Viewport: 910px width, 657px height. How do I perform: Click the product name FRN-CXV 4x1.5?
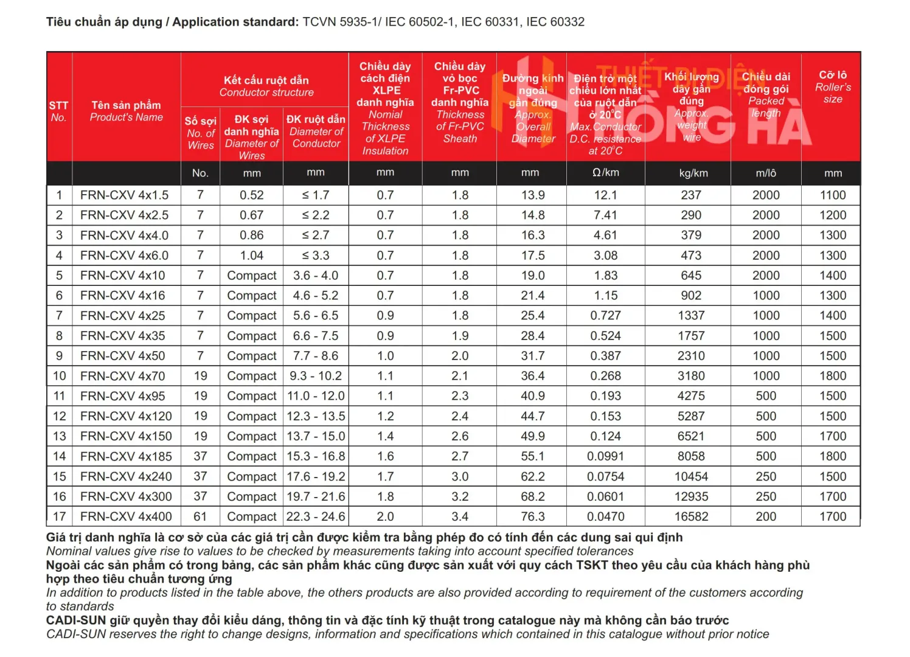(124, 195)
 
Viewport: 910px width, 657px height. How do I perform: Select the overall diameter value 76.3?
(533, 516)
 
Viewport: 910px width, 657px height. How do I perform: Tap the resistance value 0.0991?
(605, 456)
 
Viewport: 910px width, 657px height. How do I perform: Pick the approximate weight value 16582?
(691, 516)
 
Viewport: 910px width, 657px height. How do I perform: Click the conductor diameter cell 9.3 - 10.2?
(316, 376)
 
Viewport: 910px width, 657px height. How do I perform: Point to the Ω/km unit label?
(605, 173)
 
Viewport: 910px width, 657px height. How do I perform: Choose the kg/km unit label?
(693, 173)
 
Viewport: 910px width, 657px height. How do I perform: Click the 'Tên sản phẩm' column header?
(126, 111)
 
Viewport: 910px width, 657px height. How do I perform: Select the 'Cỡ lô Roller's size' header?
(833, 86)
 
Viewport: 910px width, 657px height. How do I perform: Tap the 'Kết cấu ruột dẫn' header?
(266, 86)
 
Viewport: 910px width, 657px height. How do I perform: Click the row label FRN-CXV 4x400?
(126, 516)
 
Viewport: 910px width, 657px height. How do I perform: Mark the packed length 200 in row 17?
(766, 516)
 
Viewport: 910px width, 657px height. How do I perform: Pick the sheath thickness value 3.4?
(460, 516)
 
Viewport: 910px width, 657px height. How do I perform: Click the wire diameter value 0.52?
(252, 195)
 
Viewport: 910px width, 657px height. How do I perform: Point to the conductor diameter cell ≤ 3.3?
(316, 255)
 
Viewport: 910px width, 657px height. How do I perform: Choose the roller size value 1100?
(833, 195)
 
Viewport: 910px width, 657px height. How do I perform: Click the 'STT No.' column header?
(58, 111)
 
